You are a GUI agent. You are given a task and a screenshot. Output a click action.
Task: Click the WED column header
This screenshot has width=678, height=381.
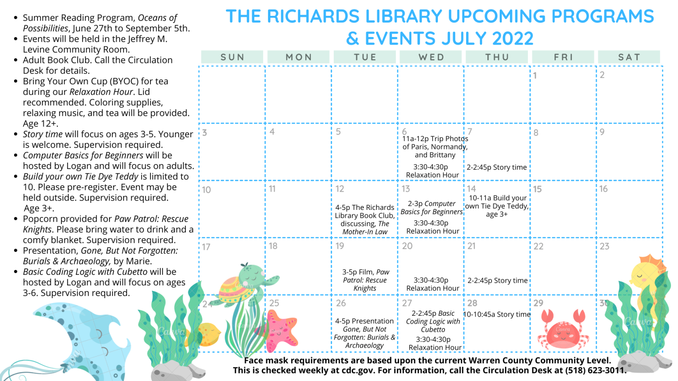point(431,57)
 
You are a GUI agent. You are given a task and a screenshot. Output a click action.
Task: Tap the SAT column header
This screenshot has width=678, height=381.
point(629,57)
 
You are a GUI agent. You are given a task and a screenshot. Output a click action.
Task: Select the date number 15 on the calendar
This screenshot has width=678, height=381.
point(537,189)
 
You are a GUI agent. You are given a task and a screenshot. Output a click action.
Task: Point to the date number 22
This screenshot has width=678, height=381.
point(539,247)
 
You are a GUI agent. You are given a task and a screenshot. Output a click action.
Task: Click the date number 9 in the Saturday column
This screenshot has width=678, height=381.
point(602,132)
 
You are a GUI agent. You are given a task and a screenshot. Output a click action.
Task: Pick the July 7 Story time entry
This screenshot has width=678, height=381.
point(497,167)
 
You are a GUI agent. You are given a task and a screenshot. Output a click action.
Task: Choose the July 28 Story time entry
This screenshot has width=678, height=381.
point(497,314)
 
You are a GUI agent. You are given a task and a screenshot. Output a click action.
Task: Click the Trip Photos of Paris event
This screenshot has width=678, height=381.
point(435,147)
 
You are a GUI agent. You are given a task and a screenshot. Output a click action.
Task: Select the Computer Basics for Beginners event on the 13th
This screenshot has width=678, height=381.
point(432,208)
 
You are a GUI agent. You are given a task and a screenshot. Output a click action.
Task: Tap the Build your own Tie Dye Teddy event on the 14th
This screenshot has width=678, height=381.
point(497,206)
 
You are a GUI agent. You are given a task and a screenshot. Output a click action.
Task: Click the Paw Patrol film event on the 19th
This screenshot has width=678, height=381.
point(365,280)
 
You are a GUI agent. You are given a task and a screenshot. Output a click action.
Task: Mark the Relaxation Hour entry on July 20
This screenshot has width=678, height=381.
point(433,284)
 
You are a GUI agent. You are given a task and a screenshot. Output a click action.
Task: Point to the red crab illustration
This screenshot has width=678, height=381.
point(563,330)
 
